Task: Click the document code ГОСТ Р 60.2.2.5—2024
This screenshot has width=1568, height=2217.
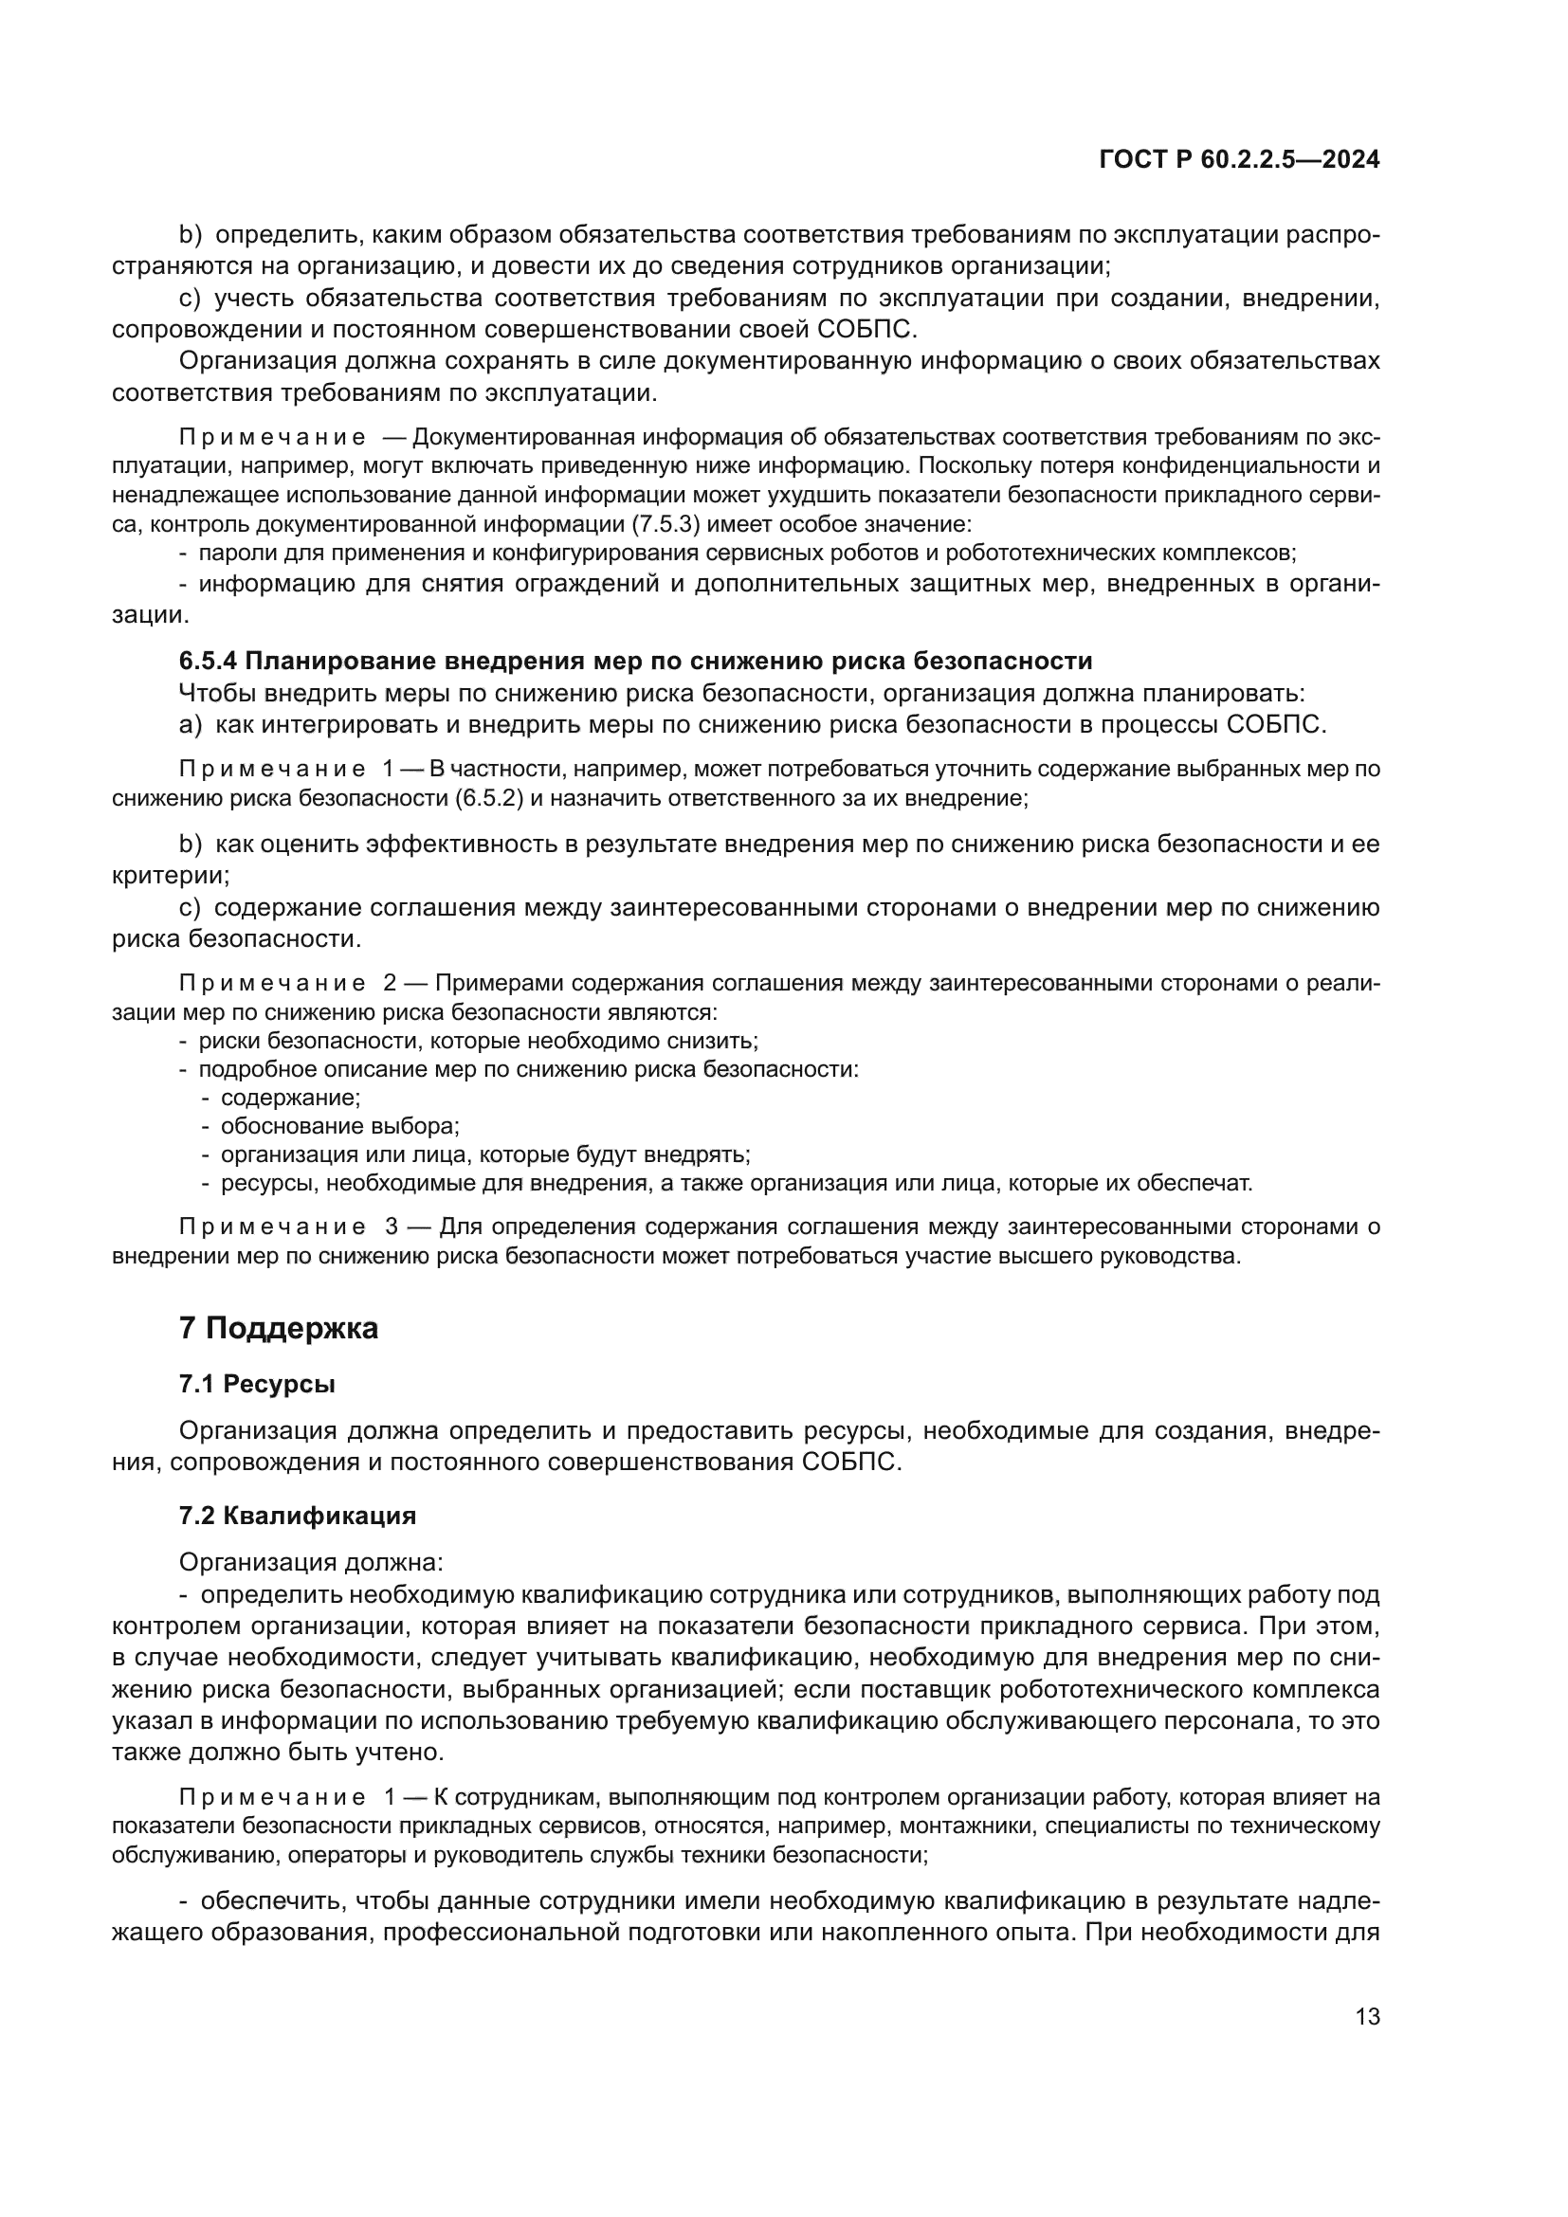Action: [x=1239, y=160]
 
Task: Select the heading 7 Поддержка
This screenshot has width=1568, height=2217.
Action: [x=278, y=1329]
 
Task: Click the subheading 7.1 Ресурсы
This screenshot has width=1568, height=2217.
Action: [x=257, y=1384]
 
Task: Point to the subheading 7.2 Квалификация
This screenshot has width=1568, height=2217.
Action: [x=298, y=1515]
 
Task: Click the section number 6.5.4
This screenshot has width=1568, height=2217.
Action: [x=209, y=662]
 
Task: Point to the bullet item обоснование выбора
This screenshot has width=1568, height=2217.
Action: [x=340, y=1126]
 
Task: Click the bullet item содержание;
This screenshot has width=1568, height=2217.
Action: [x=290, y=1098]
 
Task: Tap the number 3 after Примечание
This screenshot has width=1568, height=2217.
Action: [x=391, y=1227]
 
